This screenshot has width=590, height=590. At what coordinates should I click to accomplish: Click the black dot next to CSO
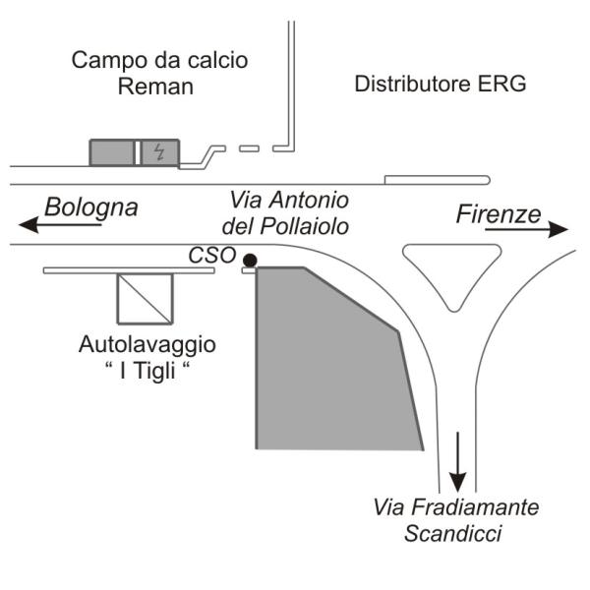[250, 260]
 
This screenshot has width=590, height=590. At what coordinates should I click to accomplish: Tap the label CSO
[211, 256]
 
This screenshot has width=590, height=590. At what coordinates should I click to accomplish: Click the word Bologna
[91, 208]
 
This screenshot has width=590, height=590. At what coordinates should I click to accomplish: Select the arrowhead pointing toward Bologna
[29, 225]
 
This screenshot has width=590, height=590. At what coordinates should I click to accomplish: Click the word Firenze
[499, 214]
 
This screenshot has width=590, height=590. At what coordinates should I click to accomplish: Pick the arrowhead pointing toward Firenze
[558, 229]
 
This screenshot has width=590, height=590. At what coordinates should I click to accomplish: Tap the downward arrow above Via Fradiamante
[457, 462]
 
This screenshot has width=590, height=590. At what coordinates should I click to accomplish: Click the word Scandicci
[453, 534]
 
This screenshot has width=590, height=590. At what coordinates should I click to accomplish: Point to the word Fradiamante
[475, 507]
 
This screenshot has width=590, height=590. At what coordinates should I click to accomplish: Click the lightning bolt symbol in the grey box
[159, 152]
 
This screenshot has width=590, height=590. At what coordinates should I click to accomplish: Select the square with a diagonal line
[146, 299]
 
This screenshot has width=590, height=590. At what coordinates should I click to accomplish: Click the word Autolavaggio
[147, 344]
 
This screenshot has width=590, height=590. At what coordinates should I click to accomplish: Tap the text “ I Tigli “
[147, 371]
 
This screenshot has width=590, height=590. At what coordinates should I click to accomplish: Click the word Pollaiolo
[305, 226]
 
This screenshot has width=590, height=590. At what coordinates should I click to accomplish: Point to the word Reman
[155, 87]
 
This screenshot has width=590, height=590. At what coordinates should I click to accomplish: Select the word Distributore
[413, 84]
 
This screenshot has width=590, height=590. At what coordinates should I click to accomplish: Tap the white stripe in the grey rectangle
[138, 152]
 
